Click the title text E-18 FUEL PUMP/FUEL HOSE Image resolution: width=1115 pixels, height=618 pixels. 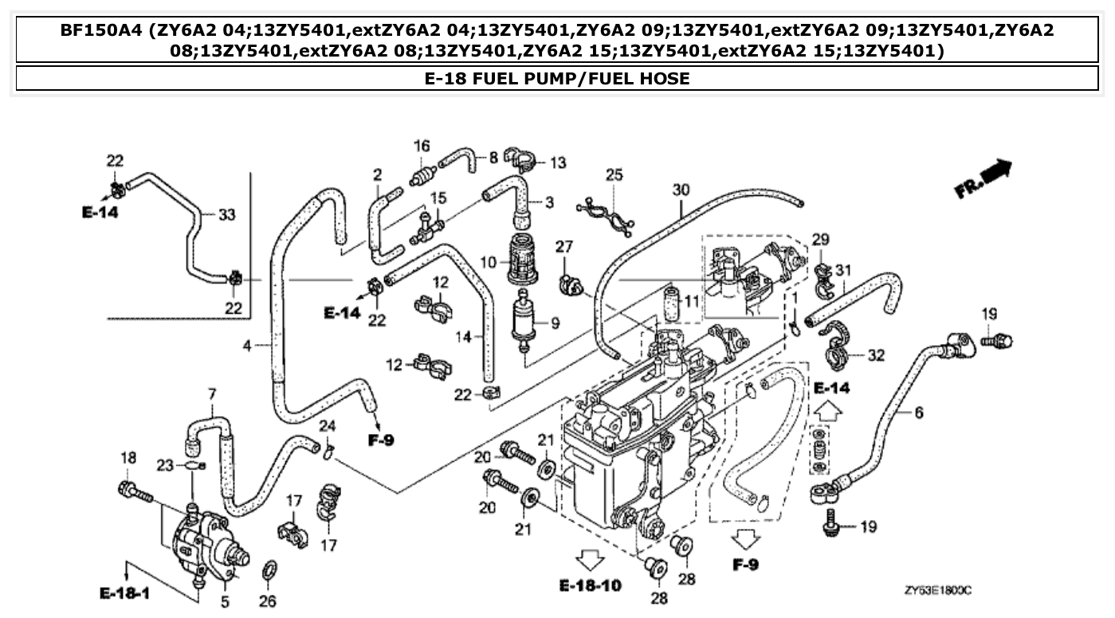(557, 78)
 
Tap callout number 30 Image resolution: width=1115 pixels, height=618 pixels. (680, 190)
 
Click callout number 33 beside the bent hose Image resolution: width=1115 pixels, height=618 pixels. (227, 214)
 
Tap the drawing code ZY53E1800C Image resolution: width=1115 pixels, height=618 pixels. (938, 591)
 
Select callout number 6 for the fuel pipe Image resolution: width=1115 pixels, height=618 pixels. (919, 413)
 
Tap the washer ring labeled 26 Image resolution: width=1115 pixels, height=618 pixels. (269, 572)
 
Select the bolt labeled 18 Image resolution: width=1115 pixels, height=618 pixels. (135, 492)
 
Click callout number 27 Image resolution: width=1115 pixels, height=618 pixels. (564, 248)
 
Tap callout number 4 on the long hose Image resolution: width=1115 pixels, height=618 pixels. (248, 346)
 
